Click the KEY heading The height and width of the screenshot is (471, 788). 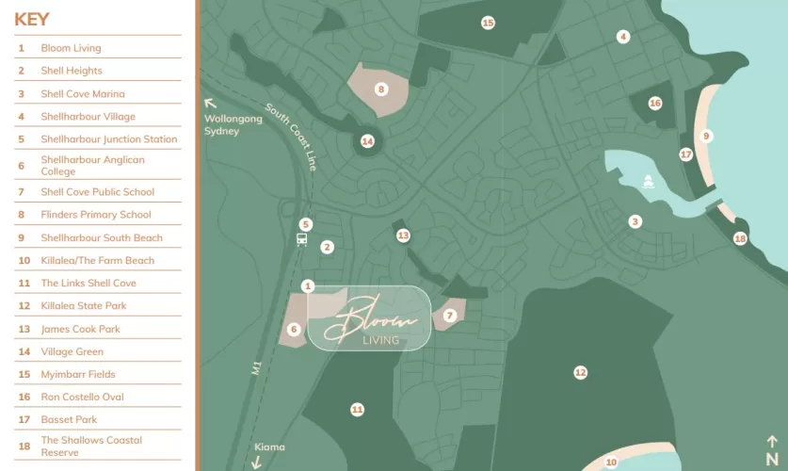pyautogui.click(x=32, y=20)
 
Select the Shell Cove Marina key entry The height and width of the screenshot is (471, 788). pyautogui.click(x=82, y=94)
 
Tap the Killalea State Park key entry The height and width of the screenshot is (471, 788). pyautogui.click(x=83, y=306)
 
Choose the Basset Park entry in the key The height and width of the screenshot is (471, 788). pyautogui.click(x=69, y=420)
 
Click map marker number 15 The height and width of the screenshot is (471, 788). pyautogui.click(x=488, y=23)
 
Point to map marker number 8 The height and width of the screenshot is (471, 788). pyautogui.click(x=381, y=89)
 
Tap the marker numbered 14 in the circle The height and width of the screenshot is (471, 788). pyautogui.click(x=367, y=141)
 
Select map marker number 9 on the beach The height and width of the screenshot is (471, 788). pyautogui.click(x=706, y=136)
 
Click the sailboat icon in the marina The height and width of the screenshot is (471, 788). pyautogui.click(x=648, y=182)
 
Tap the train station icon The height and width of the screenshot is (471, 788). pyautogui.click(x=301, y=239)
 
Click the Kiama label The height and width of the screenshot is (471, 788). pyautogui.click(x=269, y=447)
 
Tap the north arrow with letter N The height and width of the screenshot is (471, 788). pyautogui.click(x=772, y=449)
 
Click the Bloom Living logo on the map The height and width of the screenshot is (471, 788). pyautogui.click(x=369, y=319)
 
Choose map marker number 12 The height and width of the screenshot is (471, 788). pyautogui.click(x=580, y=373)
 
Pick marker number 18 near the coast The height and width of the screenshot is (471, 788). pyautogui.click(x=740, y=239)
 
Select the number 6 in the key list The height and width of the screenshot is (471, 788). pyautogui.click(x=21, y=166)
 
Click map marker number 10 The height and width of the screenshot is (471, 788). pyautogui.click(x=611, y=462)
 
